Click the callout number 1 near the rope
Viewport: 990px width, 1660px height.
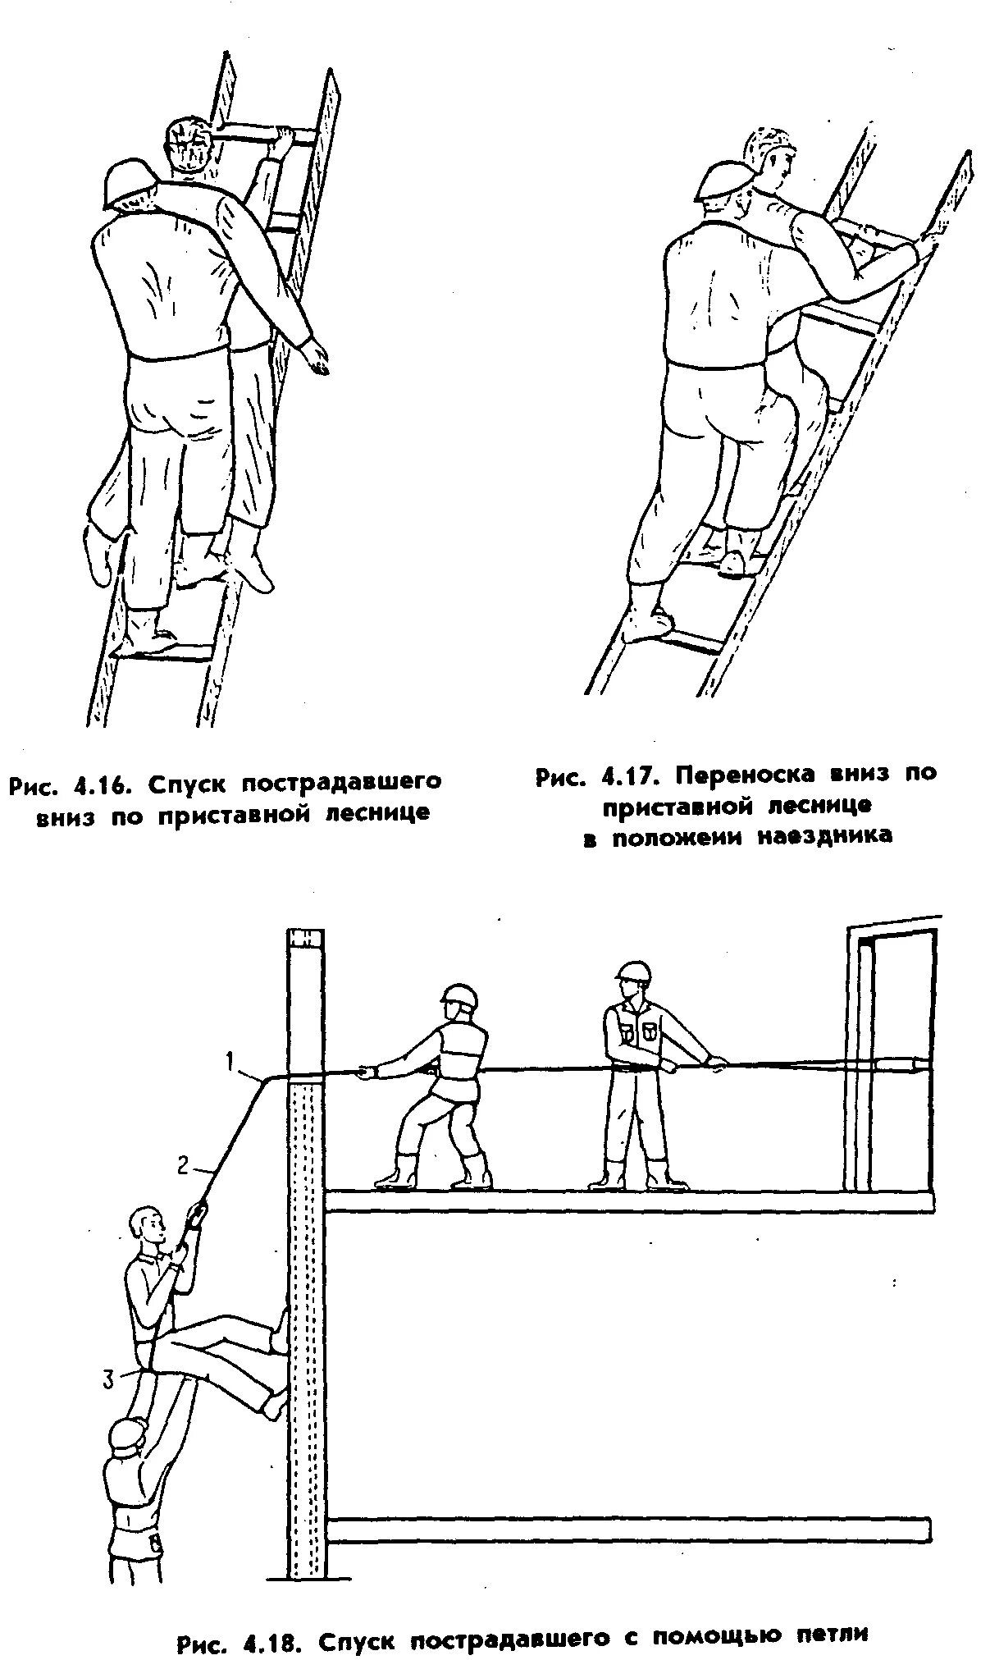point(232,1063)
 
